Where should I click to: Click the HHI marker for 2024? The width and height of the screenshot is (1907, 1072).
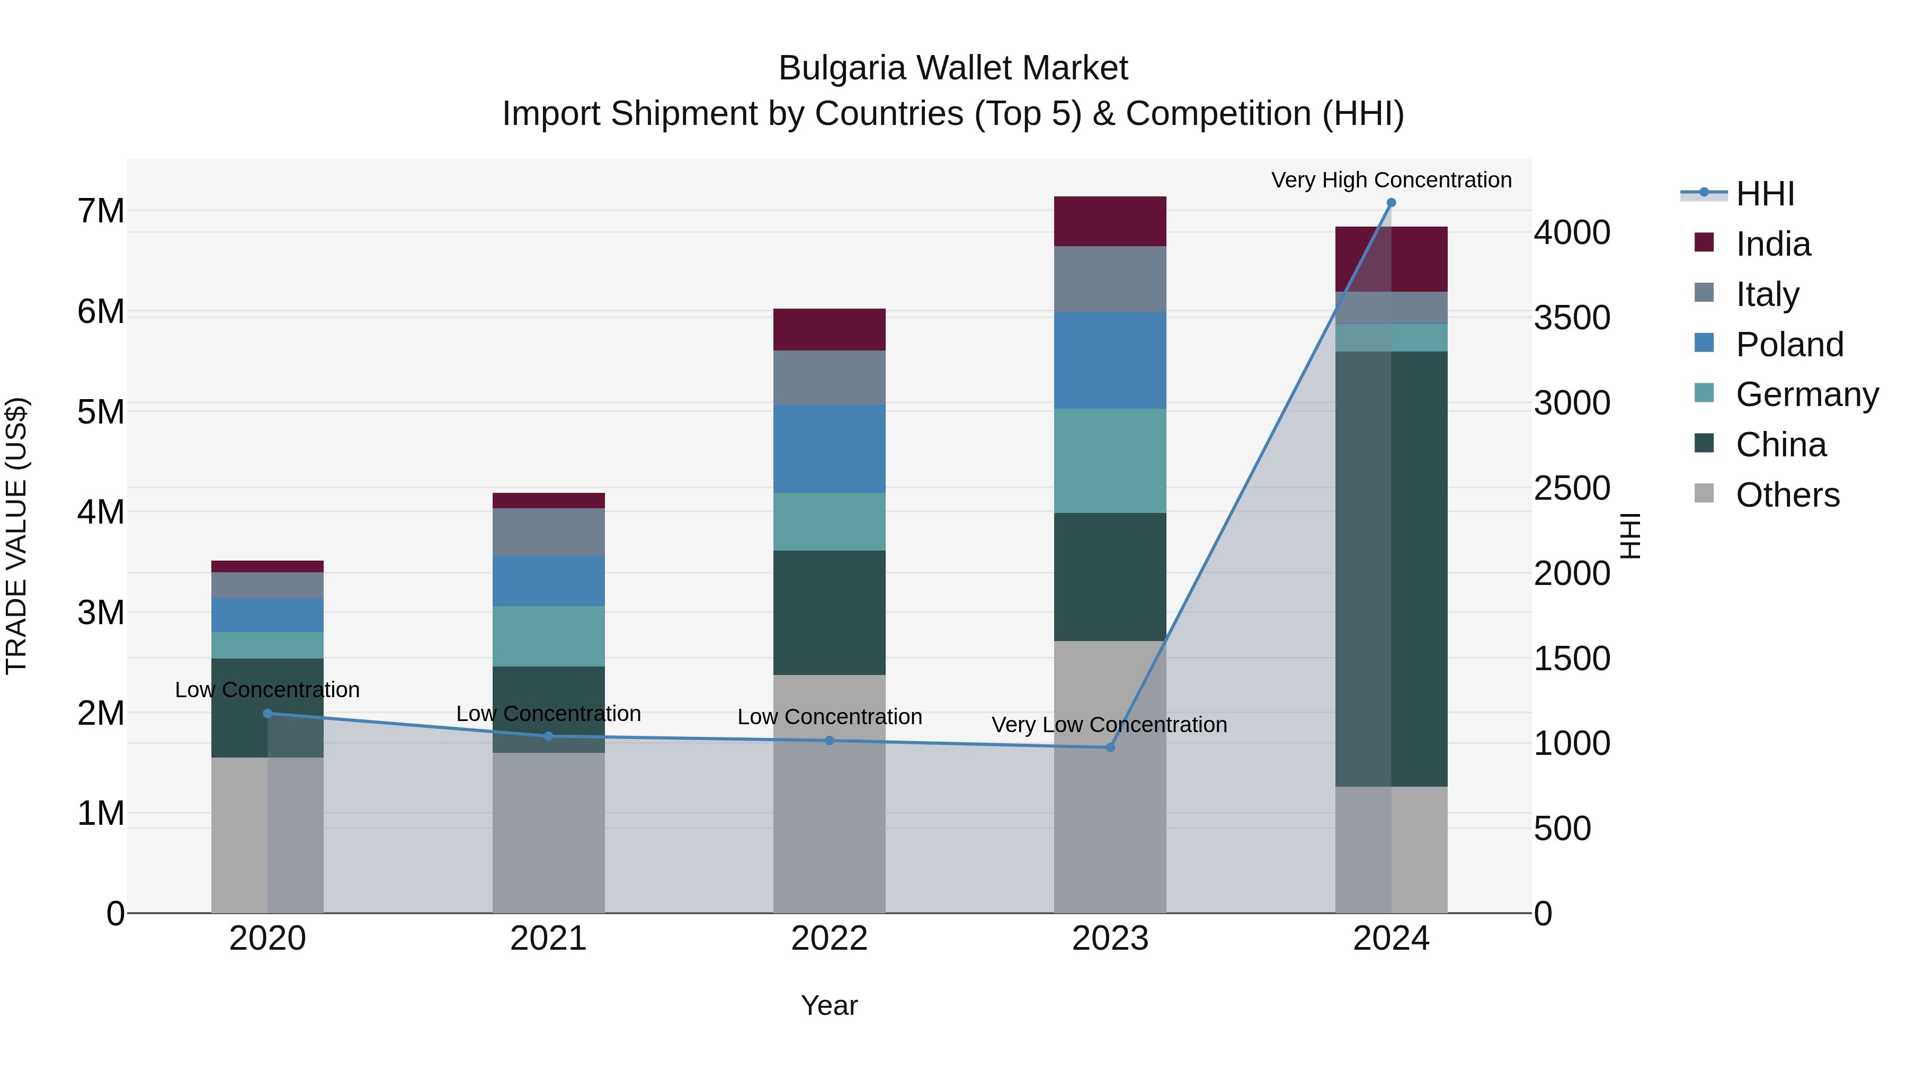pyautogui.click(x=1391, y=203)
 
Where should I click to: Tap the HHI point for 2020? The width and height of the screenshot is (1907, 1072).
pyautogui.click(x=268, y=713)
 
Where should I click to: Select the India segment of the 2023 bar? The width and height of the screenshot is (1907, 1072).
pyautogui.click(x=1110, y=221)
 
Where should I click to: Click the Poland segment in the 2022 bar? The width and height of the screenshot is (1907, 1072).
pyautogui.click(x=829, y=448)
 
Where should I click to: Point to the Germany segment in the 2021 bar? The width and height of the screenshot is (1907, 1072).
pyautogui.click(x=549, y=636)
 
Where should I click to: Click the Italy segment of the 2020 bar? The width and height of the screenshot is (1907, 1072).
pyautogui.click(x=268, y=585)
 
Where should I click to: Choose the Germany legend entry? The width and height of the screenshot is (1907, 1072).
pyautogui.click(x=1806, y=394)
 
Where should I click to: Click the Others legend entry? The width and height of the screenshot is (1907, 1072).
pyautogui.click(x=1787, y=495)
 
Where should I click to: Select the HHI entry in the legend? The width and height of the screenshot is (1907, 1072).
pyautogui.click(x=1765, y=194)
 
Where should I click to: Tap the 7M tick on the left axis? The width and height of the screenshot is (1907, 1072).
pyautogui.click(x=101, y=211)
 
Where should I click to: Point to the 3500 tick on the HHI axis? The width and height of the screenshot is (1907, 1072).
pyautogui.click(x=1572, y=318)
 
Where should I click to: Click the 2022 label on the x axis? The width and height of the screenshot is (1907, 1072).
pyautogui.click(x=829, y=939)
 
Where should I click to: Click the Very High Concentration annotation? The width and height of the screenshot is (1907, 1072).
pyautogui.click(x=1391, y=180)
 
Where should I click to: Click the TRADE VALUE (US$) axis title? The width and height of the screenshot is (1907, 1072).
pyautogui.click(x=16, y=536)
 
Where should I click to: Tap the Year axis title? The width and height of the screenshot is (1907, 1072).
pyautogui.click(x=829, y=1005)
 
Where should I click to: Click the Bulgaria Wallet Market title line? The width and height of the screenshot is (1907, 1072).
pyautogui.click(x=953, y=68)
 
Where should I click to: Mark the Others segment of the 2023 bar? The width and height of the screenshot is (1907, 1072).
pyautogui.click(x=1110, y=777)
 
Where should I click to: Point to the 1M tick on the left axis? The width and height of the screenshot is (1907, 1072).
pyautogui.click(x=101, y=813)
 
